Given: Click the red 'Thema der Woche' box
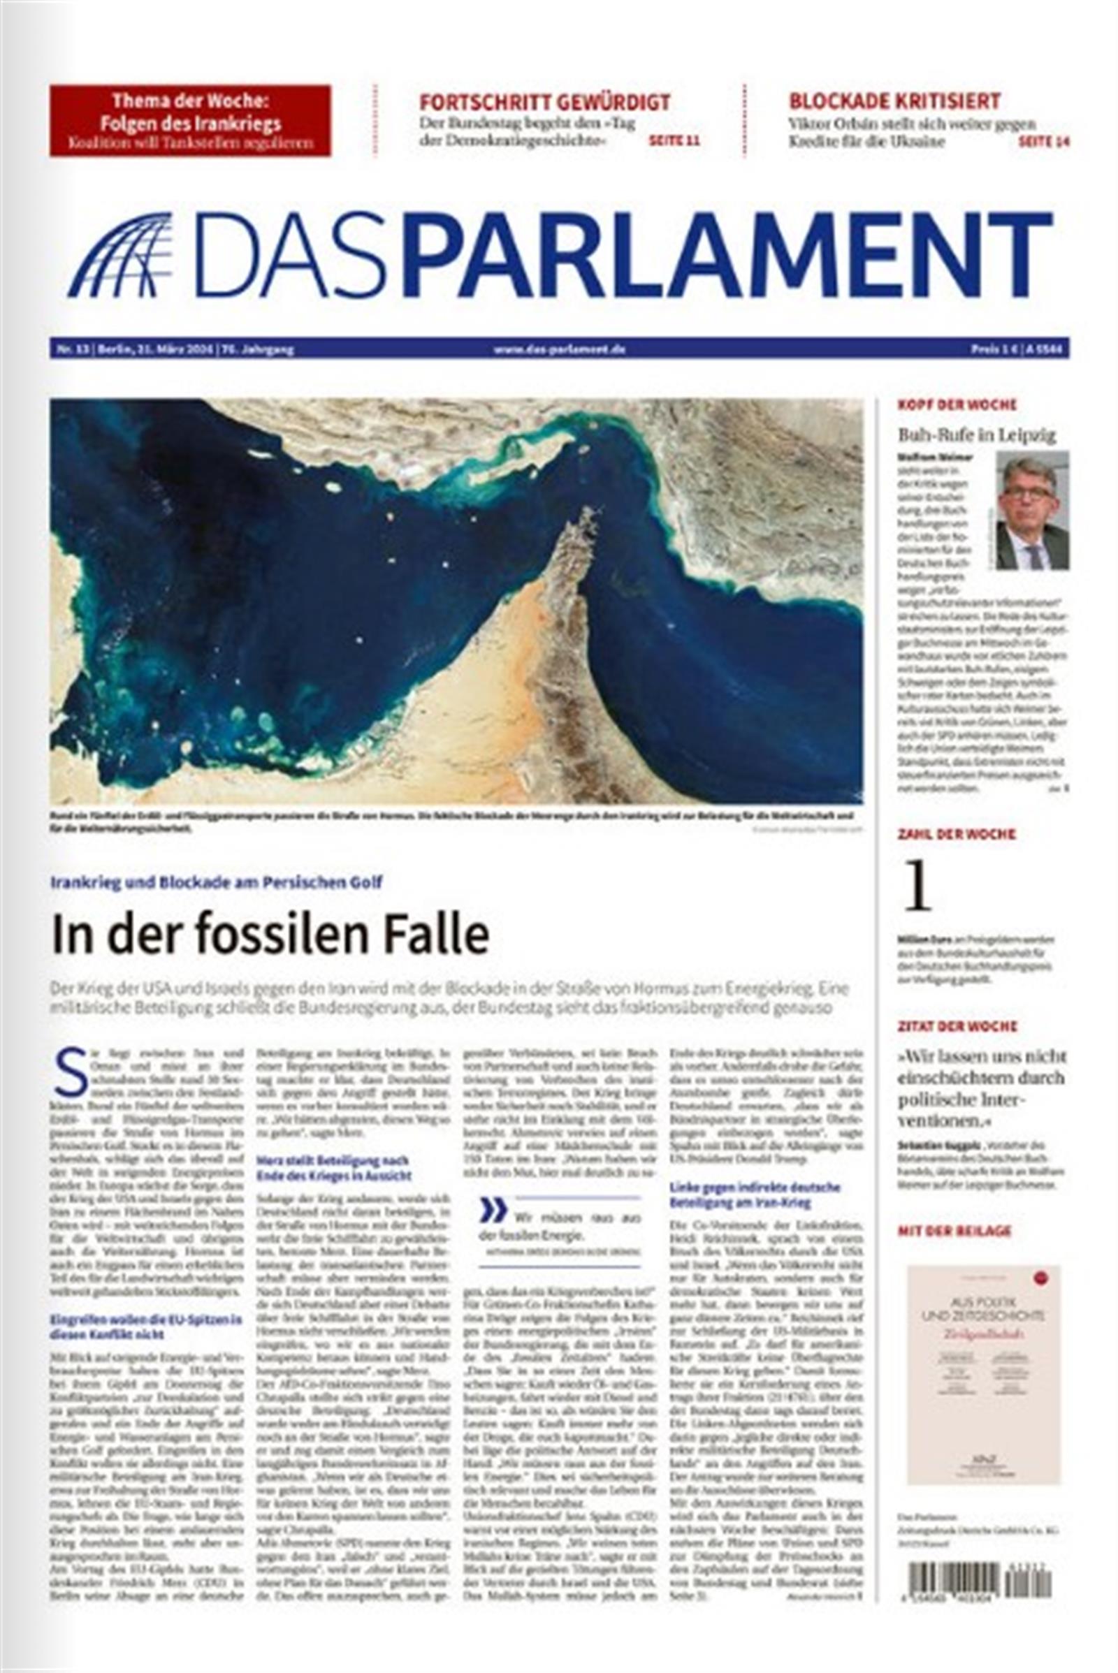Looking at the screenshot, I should [189, 119].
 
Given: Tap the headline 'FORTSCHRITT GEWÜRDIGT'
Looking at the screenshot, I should [544, 101].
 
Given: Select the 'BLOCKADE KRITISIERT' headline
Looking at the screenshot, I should [894, 101].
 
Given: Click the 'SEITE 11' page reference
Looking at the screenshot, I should [673, 141].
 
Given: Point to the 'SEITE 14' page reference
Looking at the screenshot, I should [1044, 142].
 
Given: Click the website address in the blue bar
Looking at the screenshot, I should [559, 350].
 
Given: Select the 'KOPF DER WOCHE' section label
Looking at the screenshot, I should [956, 405].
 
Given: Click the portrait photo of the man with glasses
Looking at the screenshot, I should [1032, 510].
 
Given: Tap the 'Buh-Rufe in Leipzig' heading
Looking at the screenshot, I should [977, 435].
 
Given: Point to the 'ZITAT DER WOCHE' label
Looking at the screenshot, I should [957, 1026].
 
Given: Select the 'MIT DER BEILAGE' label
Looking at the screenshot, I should [954, 1231].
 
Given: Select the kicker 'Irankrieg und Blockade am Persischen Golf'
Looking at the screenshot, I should [216, 882].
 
